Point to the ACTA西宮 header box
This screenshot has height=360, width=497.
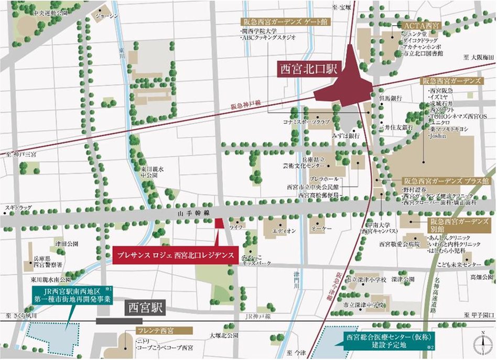(421, 25)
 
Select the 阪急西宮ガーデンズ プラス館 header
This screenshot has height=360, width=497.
(447, 180)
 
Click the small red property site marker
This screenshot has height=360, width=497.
(220, 223)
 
